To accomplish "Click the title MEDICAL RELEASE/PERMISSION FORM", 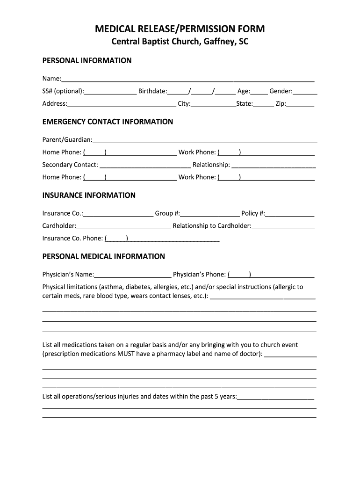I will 180,29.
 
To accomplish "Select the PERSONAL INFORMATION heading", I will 87,60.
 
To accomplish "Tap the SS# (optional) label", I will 63,91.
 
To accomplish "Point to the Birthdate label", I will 152,91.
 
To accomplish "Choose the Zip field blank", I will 301,105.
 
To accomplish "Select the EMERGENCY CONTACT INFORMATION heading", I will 108,122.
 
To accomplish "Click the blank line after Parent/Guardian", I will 205,140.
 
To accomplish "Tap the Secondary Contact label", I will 70,165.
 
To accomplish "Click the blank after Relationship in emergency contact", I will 274,166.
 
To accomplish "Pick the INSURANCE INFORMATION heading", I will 89,195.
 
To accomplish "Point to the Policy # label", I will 253,213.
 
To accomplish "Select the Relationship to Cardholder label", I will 212,226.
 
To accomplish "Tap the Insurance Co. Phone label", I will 72,238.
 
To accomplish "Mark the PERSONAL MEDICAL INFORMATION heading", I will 103,256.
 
